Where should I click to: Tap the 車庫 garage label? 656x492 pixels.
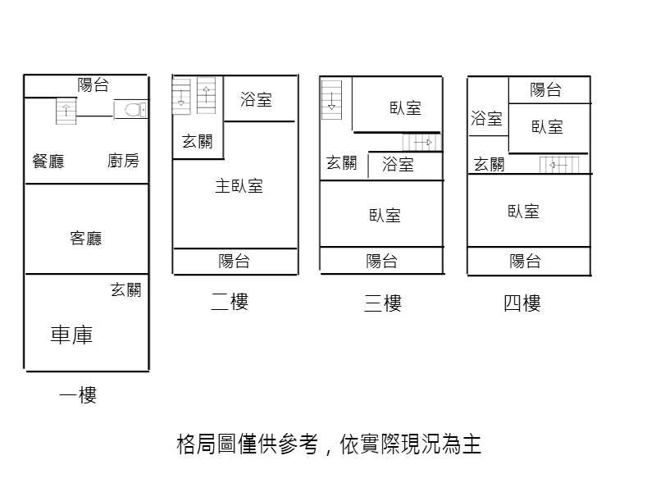click(x=71, y=335)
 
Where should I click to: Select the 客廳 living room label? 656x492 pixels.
click(x=86, y=238)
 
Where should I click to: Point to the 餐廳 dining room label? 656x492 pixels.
click(x=48, y=161)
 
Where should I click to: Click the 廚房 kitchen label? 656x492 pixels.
click(x=123, y=161)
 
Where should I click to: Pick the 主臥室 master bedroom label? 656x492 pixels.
click(x=239, y=186)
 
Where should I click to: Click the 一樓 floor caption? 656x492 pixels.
click(x=78, y=394)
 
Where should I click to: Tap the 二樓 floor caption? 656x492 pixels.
click(x=230, y=302)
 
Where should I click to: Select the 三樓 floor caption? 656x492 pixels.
click(x=383, y=303)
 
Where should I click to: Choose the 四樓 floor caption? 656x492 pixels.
click(x=522, y=303)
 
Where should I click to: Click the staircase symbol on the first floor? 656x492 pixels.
click(x=66, y=111)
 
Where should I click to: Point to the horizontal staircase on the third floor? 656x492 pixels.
click(x=422, y=142)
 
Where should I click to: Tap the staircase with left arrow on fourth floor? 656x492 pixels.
click(x=559, y=165)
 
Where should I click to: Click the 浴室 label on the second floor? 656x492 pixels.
click(x=256, y=99)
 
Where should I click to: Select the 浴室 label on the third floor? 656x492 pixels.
click(x=398, y=165)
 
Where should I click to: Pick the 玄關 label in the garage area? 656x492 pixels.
click(x=126, y=289)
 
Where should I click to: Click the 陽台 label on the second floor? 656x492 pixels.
click(x=234, y=261)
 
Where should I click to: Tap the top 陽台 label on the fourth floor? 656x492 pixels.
click(x=545, y=89)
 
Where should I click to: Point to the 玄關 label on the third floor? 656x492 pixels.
click(x=341, y=162)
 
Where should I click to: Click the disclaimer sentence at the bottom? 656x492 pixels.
click(x=329, y=444)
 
